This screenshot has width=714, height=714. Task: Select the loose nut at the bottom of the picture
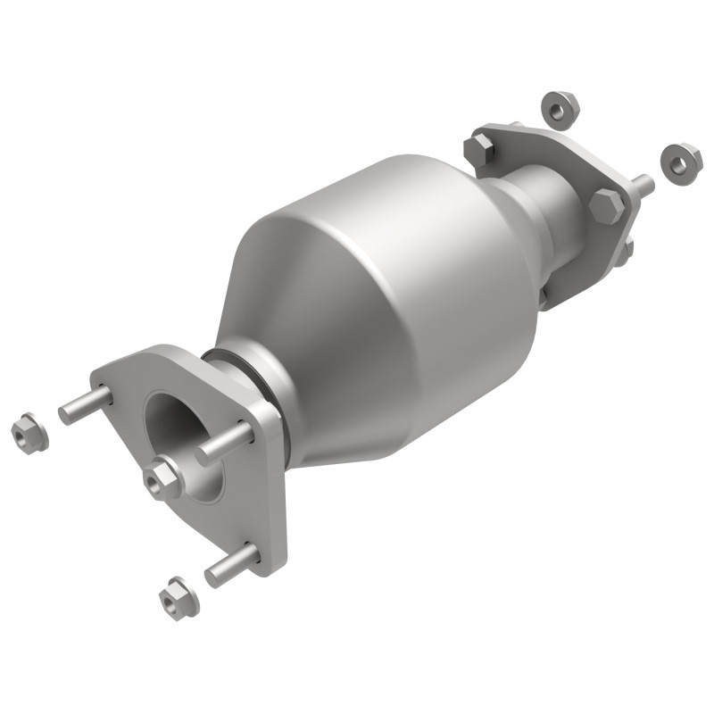point(178,598)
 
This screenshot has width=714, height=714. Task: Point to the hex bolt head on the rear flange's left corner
point(479,149)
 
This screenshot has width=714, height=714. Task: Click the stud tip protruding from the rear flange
point(643,186)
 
